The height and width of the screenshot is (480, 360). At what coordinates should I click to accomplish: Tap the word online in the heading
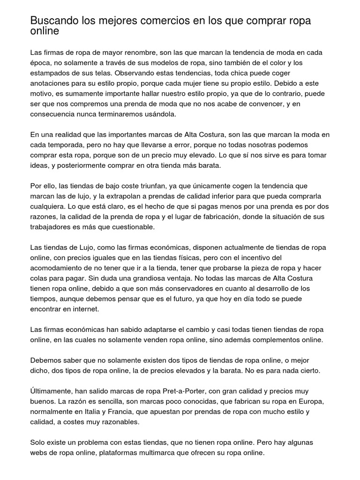click(45, 31)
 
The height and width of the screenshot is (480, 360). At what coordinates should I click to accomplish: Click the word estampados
click(51, 73)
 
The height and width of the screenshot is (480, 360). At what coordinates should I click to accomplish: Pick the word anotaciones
click(50, 83)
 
